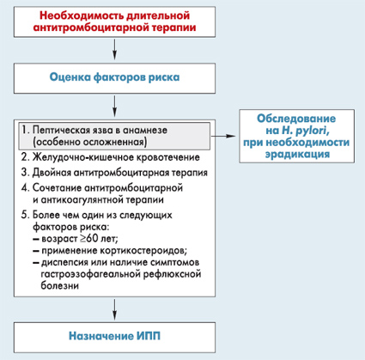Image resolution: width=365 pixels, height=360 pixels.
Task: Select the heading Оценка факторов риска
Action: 114,77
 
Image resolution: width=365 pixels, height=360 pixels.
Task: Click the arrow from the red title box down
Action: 114,49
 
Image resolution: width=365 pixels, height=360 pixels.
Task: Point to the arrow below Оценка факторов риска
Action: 114,106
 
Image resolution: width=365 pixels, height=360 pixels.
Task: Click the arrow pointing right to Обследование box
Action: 223,136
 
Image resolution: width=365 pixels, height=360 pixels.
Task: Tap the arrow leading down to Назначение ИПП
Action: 114,309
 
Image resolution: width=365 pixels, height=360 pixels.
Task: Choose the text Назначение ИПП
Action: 114,336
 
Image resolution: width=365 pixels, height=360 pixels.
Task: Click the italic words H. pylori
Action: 305,131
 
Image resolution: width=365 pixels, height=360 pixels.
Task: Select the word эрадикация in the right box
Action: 297,154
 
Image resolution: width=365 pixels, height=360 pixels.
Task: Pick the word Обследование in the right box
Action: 296,119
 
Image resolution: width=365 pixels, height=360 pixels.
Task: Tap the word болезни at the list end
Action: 60,285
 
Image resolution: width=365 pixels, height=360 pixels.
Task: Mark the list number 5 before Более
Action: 25,215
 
